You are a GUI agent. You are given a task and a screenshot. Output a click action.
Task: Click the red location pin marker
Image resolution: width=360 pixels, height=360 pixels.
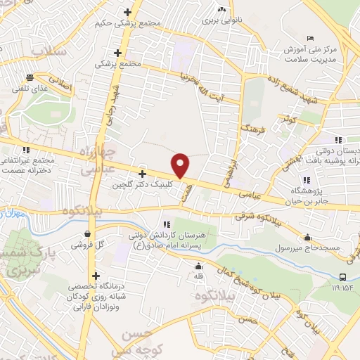pyautogui.click(x=181, y=165)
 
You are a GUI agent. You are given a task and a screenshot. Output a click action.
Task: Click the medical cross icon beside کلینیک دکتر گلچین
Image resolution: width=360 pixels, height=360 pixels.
pyautogui.click(x=143, y=174)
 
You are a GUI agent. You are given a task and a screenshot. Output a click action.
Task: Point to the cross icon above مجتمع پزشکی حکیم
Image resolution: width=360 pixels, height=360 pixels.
pyautogui.click(x=127, y=12)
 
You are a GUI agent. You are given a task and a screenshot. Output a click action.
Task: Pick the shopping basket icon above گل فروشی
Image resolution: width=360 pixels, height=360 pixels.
pyautogui.click(x=86, y=233)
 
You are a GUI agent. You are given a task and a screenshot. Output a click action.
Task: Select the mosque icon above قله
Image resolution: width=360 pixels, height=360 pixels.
pyautogui.click(x=198, y=266)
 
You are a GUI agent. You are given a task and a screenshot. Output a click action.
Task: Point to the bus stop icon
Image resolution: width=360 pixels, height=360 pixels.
pyautogui.click(x=343, y=277)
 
